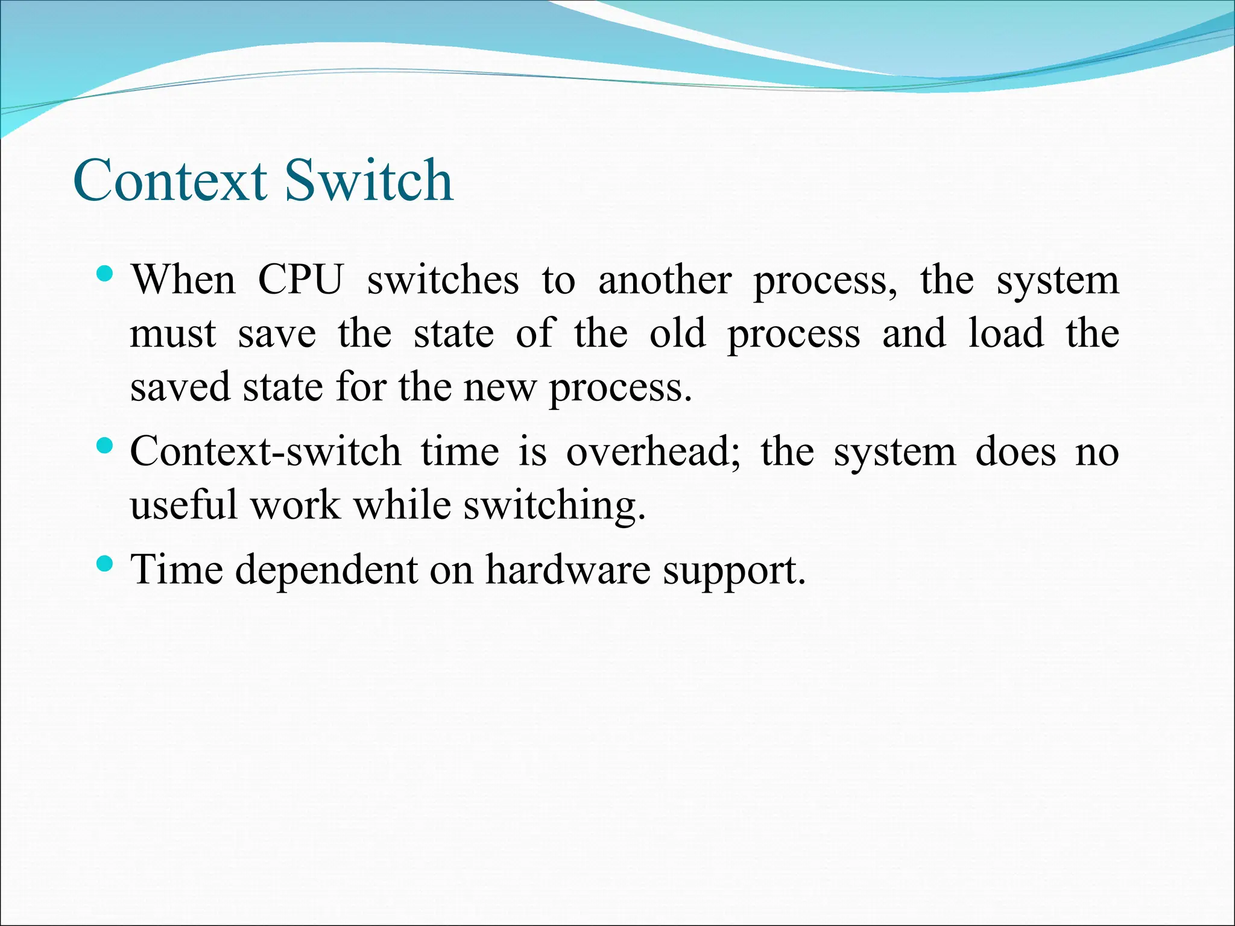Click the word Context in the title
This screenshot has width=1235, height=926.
(170, 180)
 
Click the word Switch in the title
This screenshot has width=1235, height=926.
(368, 180)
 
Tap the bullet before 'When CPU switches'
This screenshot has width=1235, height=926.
(105, 275)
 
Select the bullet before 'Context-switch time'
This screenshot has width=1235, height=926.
(105, 447)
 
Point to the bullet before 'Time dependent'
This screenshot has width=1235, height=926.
(105, 564)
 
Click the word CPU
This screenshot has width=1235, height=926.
(300, 280)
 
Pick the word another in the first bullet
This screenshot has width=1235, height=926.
(665, 280)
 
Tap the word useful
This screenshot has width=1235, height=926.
(184, 505)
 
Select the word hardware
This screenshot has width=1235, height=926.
(568, 570)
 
